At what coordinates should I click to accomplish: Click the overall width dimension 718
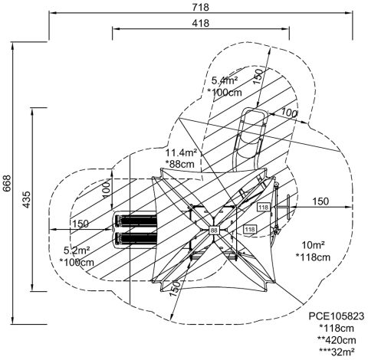tap(201, 7)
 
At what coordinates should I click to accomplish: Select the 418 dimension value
tap(201, 23)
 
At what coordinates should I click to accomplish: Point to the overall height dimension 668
tap(7, 183)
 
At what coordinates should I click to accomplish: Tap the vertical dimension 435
tap(26, 199)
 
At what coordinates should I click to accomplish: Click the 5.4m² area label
tap(225, 80)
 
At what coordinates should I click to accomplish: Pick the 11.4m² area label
tap(181, 152)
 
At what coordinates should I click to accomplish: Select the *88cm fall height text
tap(179, 164)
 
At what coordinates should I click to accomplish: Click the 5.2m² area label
tap(77, 250)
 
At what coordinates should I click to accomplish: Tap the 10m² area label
tap(313, 245)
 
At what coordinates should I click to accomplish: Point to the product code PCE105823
tap(337, 316)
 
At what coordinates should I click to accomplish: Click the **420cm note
tap(337, 340)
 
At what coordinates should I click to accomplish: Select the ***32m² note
tap(337, 352)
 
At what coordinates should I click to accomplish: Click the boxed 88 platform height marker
tap(214, 231)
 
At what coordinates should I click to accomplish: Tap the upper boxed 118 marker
tap(263, 207)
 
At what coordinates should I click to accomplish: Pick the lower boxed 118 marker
tap(250, 229)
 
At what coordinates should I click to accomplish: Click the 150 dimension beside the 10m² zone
tap(320, 201)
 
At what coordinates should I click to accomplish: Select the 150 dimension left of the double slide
tap(80, 224)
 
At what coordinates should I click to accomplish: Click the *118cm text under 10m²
tap(313, 257)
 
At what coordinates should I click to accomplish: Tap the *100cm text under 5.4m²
tap(225, 92)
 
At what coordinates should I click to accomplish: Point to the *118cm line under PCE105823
tap(337, 328)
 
